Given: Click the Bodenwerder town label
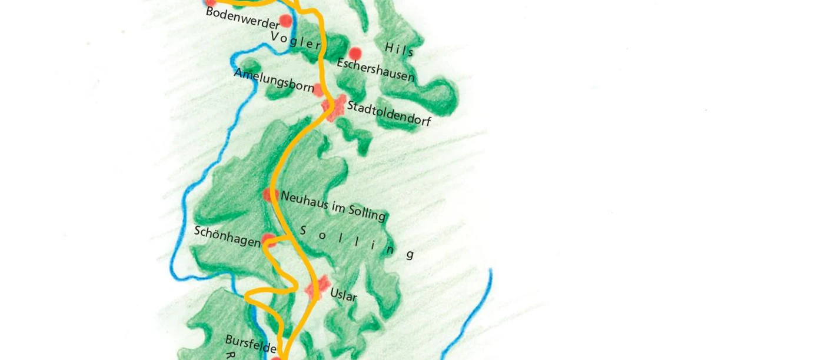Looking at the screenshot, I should tap(242, 18).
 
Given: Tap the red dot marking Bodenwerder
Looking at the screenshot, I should tap(285, 21).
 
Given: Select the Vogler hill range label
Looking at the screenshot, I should tap(295, 41).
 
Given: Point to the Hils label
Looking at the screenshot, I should tap(400, 49).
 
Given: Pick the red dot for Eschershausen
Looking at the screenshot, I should tap(355, 54).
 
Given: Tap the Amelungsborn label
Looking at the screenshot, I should tap(274, 80).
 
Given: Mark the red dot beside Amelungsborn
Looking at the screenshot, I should tap(318, 89).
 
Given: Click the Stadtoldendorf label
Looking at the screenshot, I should tap(389, 114).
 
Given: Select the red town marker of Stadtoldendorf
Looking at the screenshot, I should tap(334, 108).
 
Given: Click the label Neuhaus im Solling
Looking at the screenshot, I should tap(333, 206).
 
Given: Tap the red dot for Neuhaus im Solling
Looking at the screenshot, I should tap(270, 195).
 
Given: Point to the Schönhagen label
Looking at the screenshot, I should tap(227, 236).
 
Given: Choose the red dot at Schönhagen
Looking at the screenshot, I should tap(268, 239).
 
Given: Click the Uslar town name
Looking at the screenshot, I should tap(343, 294).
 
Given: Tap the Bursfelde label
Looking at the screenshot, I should tap(250, 344).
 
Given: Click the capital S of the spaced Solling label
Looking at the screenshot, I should tap(304, 230).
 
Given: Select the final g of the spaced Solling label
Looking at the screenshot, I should tap(410, 254).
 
